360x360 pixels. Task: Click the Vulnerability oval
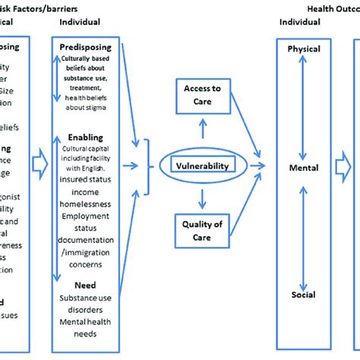coord(202,163)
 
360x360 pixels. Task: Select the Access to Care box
coord(202,95)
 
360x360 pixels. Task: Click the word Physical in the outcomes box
coord(304,49)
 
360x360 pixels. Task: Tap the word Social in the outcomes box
coord(303,294)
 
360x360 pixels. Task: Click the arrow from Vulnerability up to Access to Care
coord(202,134)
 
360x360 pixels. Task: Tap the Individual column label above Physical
coord(300,22)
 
